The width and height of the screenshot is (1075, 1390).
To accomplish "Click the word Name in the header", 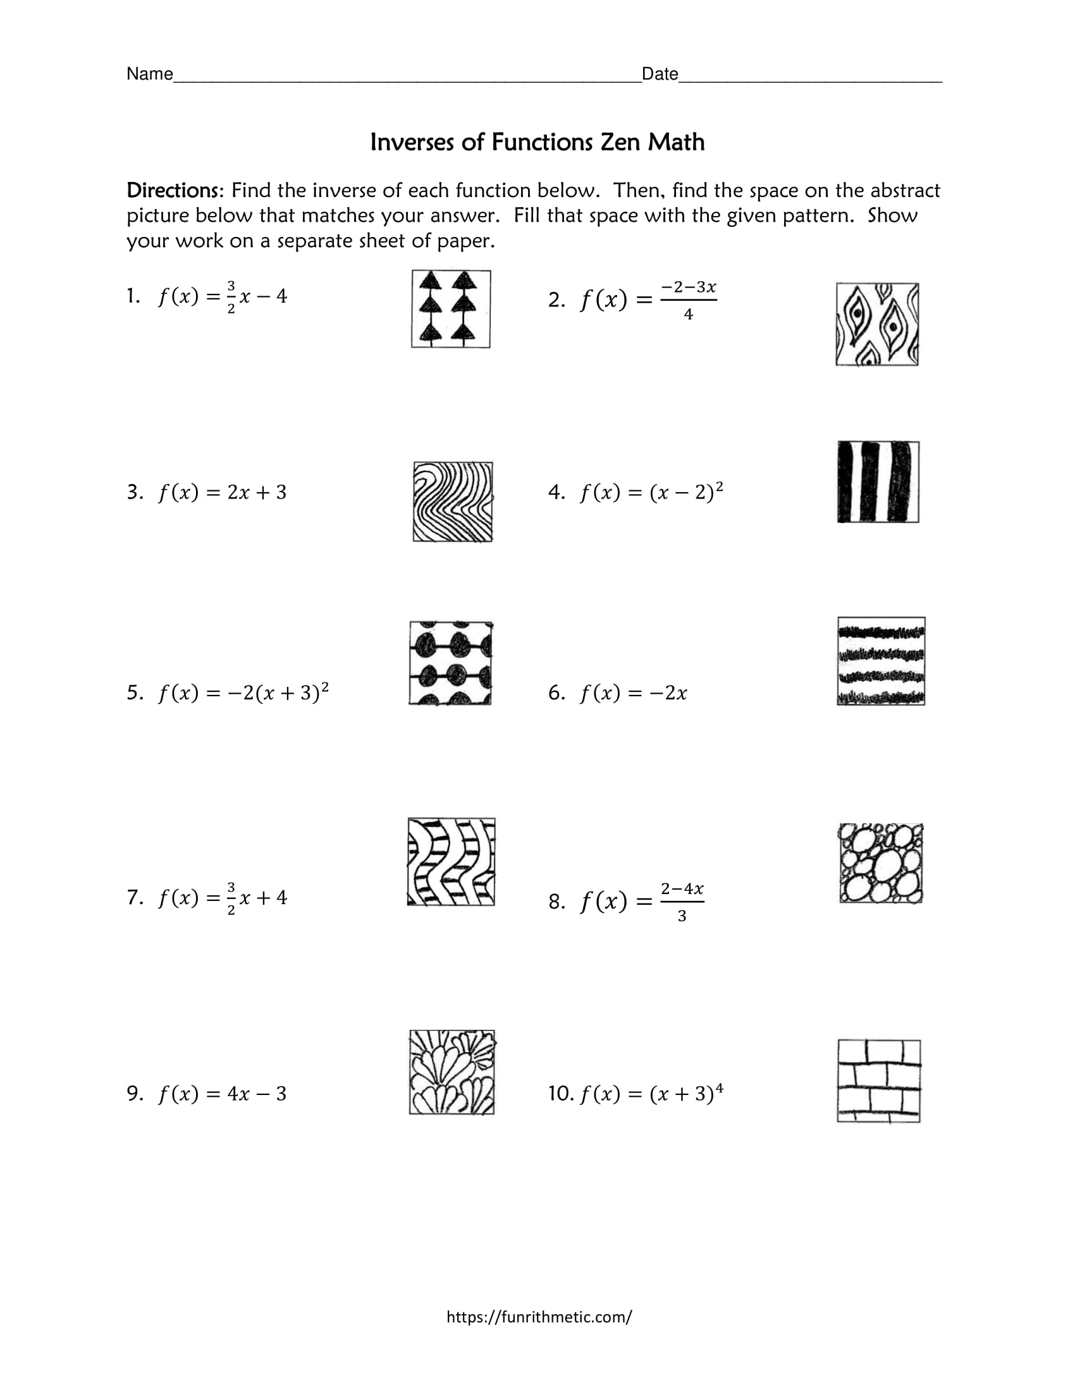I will point(150,75).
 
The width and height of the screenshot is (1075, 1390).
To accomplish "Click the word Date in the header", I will point(660,75).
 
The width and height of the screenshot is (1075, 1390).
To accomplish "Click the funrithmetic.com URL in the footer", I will point(539,1316).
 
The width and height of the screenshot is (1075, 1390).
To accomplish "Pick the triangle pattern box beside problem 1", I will point(451,310).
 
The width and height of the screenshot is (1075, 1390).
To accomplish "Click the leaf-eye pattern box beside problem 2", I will point(877,325).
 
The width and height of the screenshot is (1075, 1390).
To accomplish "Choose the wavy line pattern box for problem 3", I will point(453,502).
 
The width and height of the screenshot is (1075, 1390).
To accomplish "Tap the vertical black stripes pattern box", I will point(878,482).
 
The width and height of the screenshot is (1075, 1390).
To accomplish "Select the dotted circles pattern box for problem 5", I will point(450,663).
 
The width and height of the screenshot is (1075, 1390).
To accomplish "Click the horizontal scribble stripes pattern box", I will point(881,662).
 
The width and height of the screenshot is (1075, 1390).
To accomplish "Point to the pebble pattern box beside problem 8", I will point(881,863).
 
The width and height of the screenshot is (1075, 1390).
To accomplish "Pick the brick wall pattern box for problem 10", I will point(879,1081).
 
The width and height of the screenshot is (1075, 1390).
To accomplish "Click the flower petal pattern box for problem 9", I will point(451,1072).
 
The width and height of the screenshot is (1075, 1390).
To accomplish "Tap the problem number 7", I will point(133,897).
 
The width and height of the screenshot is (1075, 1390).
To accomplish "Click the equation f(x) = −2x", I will point(633,693).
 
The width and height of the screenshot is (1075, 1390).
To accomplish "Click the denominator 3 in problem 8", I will point(682,917).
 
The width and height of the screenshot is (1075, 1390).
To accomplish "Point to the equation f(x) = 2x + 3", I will point(222,493).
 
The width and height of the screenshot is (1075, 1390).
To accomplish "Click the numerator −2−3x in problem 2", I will point(689,287).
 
